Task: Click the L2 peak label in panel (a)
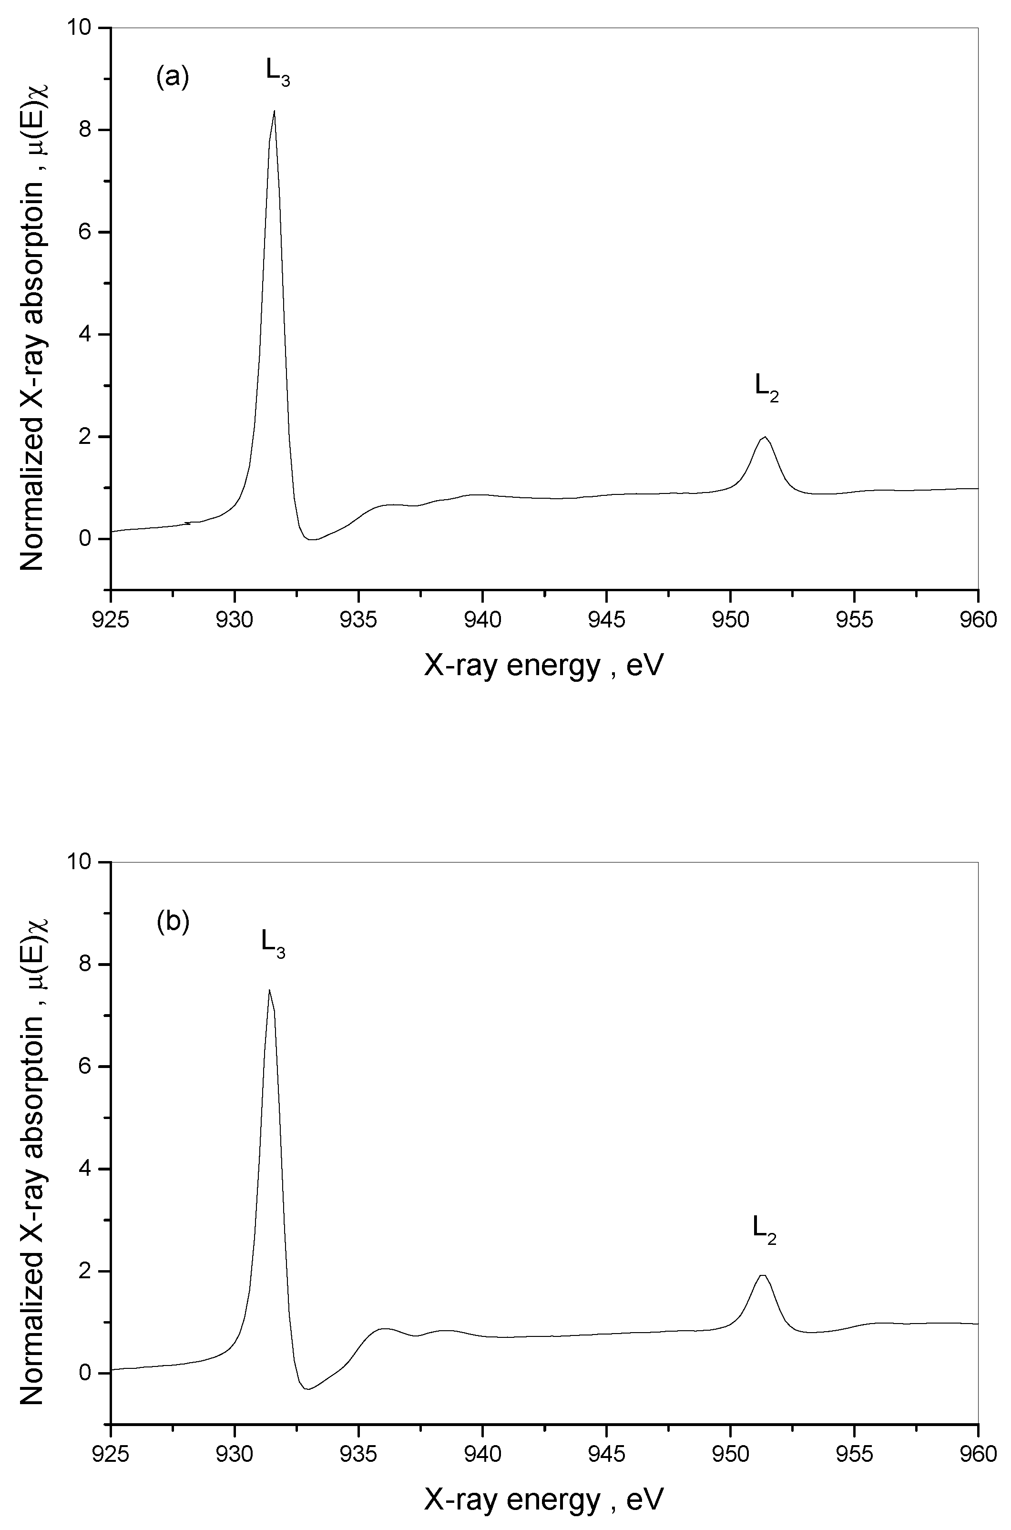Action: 766,388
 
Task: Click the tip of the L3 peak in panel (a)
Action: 275,111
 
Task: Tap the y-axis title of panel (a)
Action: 32,316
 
